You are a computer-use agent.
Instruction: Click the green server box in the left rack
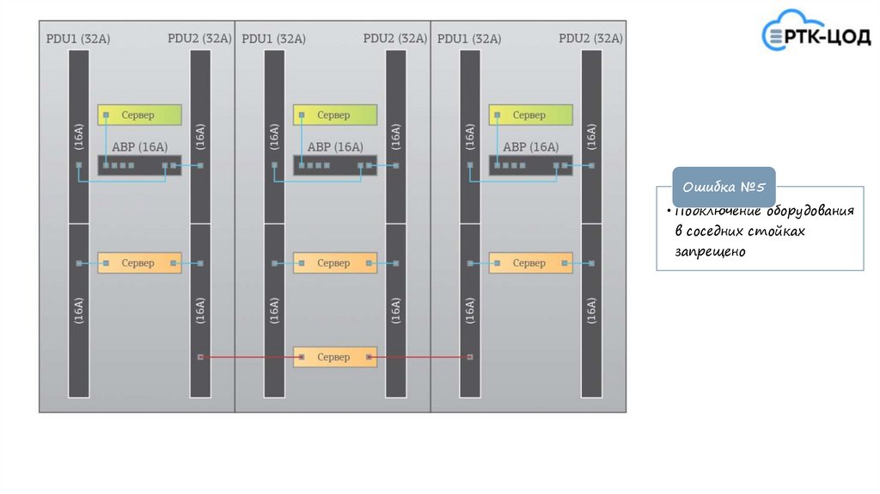coord(139,114)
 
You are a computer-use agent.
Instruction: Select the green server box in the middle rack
coord(334,114)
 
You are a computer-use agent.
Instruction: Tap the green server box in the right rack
coord(530,114)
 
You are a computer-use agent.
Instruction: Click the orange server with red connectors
coord(334,356)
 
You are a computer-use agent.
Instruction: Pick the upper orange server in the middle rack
coord(334,262)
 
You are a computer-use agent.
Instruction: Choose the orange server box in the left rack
coord(139,262)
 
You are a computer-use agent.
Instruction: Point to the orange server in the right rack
coord(530,262)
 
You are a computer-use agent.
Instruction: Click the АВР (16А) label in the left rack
coord(139,146)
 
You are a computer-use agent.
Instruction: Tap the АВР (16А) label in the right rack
coord(530,146)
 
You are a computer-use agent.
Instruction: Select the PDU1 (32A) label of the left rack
coord(78,39)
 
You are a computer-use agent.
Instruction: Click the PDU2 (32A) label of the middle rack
coord(394,39)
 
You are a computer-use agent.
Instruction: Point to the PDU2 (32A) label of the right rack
coord(590,39)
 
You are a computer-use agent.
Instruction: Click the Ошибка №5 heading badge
coord(724,188)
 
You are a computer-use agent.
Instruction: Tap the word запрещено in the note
coord(711,252)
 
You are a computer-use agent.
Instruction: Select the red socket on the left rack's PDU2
coord(200,356)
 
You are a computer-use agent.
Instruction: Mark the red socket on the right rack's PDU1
coord(470,356)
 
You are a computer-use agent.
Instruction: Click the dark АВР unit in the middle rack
coord(334,165)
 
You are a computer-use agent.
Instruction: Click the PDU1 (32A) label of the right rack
coord(469,39)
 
